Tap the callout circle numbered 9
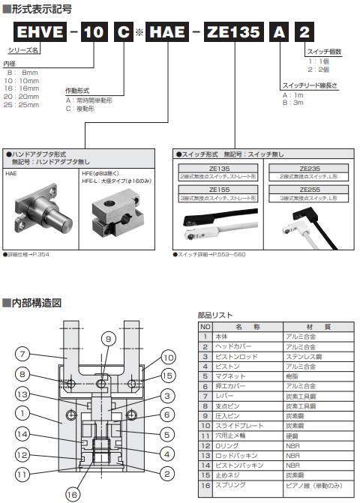pos(107,340)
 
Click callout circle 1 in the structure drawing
pos(23,412)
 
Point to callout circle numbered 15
pos(168,374)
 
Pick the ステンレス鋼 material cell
pos(303,358)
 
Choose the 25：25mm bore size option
pos(22,105)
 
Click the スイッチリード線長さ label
pos(308,85)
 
